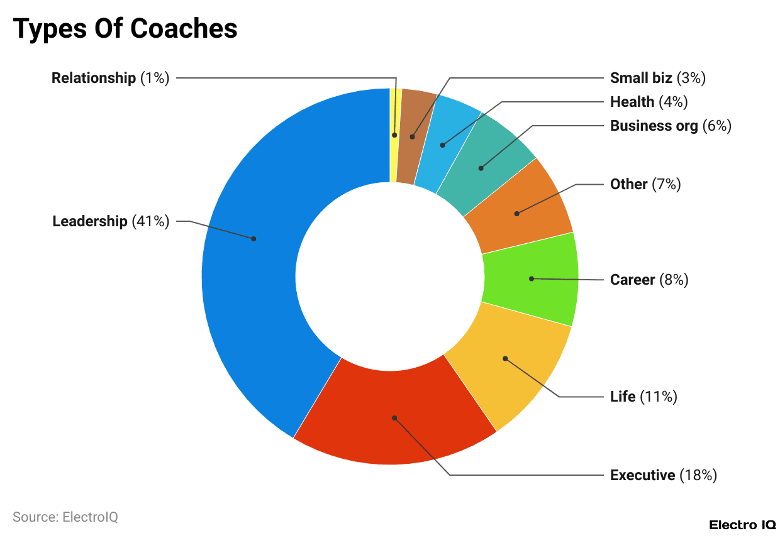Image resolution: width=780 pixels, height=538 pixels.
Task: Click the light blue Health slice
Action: pos(447,141)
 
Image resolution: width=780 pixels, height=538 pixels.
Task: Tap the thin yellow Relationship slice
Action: pos(394,135)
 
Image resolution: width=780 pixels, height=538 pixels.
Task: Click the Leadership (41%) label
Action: pos(111,221)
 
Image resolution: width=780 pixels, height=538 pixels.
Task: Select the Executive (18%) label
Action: pos(663,475)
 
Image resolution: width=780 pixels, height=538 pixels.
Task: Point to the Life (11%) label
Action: pos(643,397)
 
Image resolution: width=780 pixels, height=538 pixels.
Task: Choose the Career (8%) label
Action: pos(649,280)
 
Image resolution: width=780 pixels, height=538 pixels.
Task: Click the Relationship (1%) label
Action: pos(110,78)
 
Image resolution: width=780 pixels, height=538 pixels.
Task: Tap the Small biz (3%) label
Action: pos(657,78)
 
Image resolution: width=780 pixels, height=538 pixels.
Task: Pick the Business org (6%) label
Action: pos(670,126)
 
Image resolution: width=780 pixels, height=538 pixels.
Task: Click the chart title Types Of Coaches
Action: pos(125,29)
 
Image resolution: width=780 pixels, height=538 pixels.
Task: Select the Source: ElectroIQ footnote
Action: pos(65,517)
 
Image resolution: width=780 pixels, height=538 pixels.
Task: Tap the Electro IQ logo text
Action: pos(742,525)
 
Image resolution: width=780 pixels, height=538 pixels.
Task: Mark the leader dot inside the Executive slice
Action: pos(394,417)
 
